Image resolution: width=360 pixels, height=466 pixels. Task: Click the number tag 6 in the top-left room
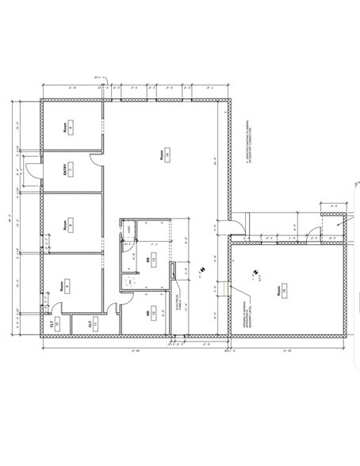(71, 128)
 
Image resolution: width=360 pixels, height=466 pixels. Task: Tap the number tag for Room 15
(283, 292)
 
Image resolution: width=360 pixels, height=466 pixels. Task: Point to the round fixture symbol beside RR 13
(128, 281)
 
